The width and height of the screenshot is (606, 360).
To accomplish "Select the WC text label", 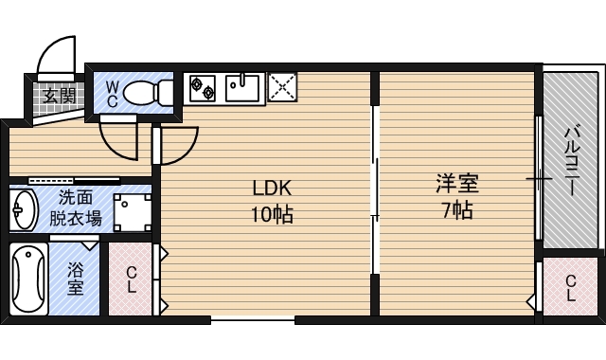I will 112,93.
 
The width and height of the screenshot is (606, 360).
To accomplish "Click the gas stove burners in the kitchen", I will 204,87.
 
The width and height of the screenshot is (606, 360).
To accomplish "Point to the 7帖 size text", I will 455,209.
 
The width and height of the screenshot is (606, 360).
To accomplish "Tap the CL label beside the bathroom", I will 132,281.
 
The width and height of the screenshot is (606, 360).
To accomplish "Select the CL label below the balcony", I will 571,287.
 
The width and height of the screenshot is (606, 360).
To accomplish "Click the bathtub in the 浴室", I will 31,281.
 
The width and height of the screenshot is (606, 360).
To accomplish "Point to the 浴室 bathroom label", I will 76,281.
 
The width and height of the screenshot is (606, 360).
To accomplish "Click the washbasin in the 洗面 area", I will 24,209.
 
